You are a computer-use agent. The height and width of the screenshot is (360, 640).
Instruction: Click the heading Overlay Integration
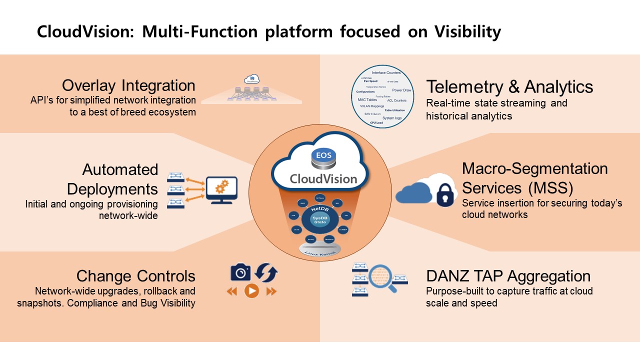click(128, 85)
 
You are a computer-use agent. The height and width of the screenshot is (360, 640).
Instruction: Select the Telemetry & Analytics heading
click(509, 86)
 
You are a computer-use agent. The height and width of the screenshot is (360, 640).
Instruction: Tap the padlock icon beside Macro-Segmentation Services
click(446, 195)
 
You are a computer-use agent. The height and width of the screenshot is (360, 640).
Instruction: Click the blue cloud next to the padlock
click(414, 193)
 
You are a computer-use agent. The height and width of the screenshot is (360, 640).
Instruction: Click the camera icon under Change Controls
click(240, 273)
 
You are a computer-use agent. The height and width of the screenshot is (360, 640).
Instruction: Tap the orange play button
click(251, 291)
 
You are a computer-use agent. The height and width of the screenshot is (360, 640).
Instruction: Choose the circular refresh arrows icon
click(266, 273)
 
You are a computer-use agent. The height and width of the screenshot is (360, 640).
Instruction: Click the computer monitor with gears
click(221, 190)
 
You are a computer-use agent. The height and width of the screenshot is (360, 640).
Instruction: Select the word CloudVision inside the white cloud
click(323, 178)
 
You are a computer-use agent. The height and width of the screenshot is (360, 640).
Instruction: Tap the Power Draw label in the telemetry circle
click(401, 90)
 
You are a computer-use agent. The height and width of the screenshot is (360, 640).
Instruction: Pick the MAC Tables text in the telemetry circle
click(367, 100)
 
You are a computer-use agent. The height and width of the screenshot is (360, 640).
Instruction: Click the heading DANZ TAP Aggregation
click(508, 276)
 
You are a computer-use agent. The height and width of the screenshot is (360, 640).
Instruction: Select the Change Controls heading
click(135, 276)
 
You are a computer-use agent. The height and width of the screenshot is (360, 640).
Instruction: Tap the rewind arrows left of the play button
click(232, 291)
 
